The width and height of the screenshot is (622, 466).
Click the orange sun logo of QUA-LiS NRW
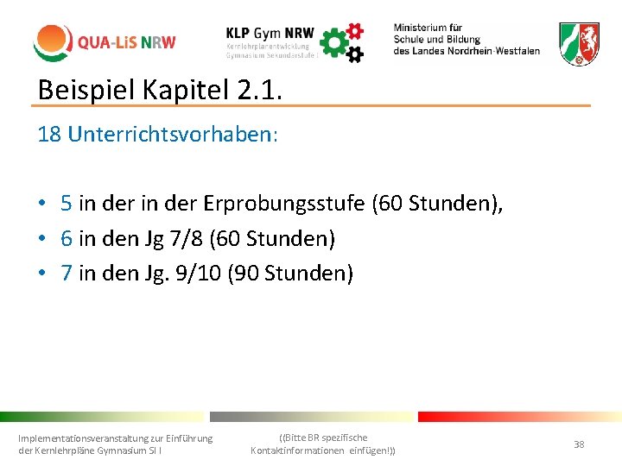point(52,41)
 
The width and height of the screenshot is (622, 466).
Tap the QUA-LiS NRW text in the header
point(126,42)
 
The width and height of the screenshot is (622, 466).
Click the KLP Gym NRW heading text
point(269,31)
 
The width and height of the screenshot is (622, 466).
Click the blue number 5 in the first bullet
point(67,204)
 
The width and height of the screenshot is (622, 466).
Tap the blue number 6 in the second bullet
point(67,238)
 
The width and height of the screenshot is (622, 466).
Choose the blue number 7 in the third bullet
point(67,273)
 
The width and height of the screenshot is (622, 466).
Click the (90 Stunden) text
point(289,273)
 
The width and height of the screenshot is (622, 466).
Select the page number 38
point(579,444)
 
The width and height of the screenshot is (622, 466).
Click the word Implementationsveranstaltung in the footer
point(83,438)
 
